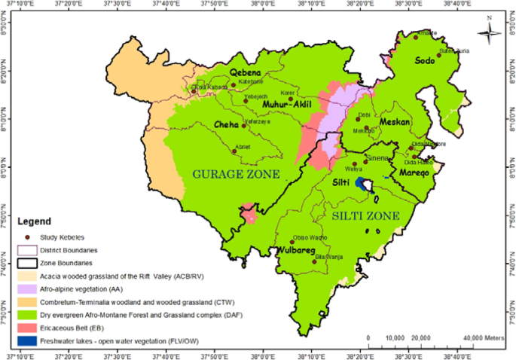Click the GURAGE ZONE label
236,174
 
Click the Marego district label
414,172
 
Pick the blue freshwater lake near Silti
367,185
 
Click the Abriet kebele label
243,146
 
